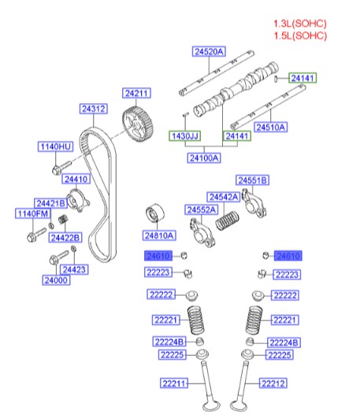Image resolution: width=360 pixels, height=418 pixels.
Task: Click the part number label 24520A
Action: click(209, 52)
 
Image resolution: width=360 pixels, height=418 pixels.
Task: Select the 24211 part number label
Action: click(135, 94)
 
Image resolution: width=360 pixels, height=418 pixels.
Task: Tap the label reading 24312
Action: click(94, 109)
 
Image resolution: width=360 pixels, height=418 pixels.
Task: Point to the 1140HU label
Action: click(55, 146)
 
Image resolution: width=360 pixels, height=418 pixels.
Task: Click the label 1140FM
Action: click(34, 213)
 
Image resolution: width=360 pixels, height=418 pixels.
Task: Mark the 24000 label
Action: click(56, 279)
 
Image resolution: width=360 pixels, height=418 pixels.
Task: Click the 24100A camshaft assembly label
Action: click(204, 157)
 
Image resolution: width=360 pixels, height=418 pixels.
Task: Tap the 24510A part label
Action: click(270, 127)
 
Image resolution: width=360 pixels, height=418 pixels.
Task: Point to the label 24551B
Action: click(253, 180)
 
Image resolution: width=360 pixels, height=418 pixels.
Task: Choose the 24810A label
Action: click(159, 235)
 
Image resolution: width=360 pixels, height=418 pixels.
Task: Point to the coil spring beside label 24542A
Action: click(228, 214)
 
